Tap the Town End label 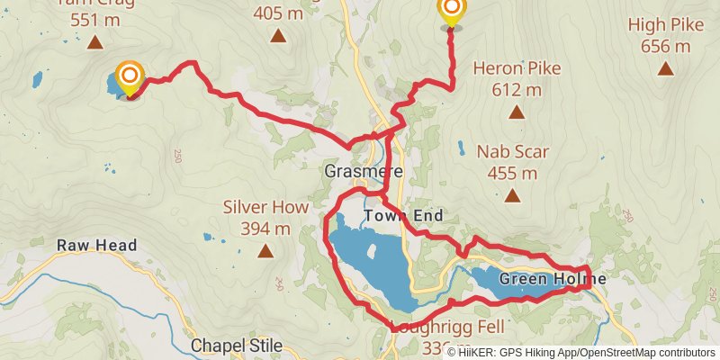tap(403, 216)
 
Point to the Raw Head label tap(96, 245)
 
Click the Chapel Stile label tap(237, 346)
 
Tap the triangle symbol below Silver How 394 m tap(265, 252)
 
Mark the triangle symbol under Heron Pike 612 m tap(517, 112)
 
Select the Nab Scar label tap(512, 152)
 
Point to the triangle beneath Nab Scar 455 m tap(512, 196)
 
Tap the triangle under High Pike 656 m tap(665, 68)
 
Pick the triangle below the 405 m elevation tap(278, 37)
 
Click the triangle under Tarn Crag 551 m tap(94, 41)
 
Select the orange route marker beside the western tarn tap(130, 77)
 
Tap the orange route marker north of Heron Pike tap(451, 12)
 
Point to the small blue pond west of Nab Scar tap(461, 148)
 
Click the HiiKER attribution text tap(580, 353)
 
